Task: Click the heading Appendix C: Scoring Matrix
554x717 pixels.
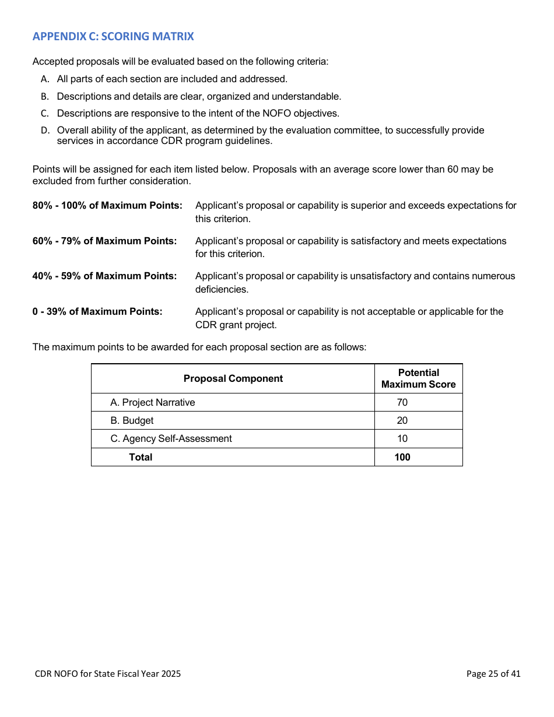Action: [113, 37]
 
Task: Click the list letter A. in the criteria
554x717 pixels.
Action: [44, 79]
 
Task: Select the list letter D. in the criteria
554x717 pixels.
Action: [44, 131]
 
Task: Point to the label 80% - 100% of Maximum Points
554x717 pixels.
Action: [107, 206]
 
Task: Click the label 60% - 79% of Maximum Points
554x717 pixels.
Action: [104, 241]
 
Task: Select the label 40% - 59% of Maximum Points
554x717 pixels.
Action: [104, 276]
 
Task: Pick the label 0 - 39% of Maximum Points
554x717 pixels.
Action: [97, 312]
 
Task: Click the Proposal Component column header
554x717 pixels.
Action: [233, 379]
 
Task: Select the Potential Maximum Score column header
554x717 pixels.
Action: [418, 379]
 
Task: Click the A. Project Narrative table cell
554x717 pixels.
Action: [153, 403]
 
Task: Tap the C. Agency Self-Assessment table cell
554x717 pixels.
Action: [171, 439]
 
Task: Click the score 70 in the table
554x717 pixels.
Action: [402, 403]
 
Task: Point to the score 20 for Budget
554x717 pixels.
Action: [402, 421]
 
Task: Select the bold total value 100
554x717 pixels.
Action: [402, 458]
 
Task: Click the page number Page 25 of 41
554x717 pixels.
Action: [493, 674]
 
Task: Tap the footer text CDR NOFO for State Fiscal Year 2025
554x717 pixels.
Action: [108, 674]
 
